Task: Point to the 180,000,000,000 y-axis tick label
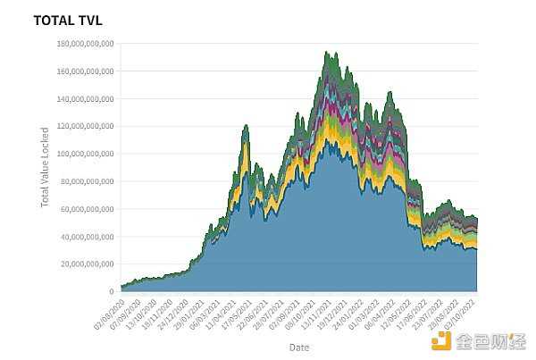coord(85,43)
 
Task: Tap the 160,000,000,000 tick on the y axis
coord(85,71)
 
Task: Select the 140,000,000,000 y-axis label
coord(85,98)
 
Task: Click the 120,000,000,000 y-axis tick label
coord(85,126)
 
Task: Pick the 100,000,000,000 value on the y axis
coord(85,154)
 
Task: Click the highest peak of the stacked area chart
coord(327,52)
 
